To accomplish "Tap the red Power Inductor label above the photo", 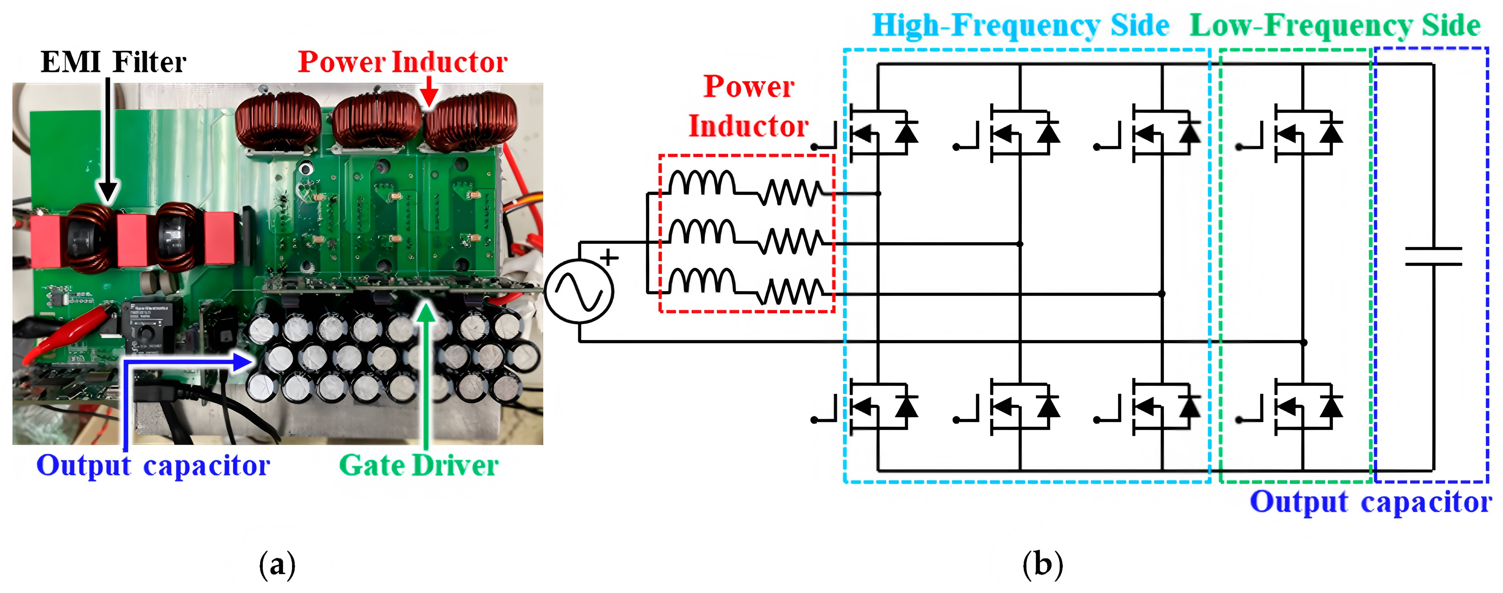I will tap(403, 62).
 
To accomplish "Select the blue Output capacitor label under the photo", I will tap(153, 465).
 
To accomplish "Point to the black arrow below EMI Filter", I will tap(108, 140).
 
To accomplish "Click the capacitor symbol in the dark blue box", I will tap(1433, 256).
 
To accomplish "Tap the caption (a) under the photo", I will tap(277, 564).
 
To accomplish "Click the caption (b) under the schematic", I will tap(1043, 564).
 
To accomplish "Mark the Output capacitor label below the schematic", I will tap(1370, 502).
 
